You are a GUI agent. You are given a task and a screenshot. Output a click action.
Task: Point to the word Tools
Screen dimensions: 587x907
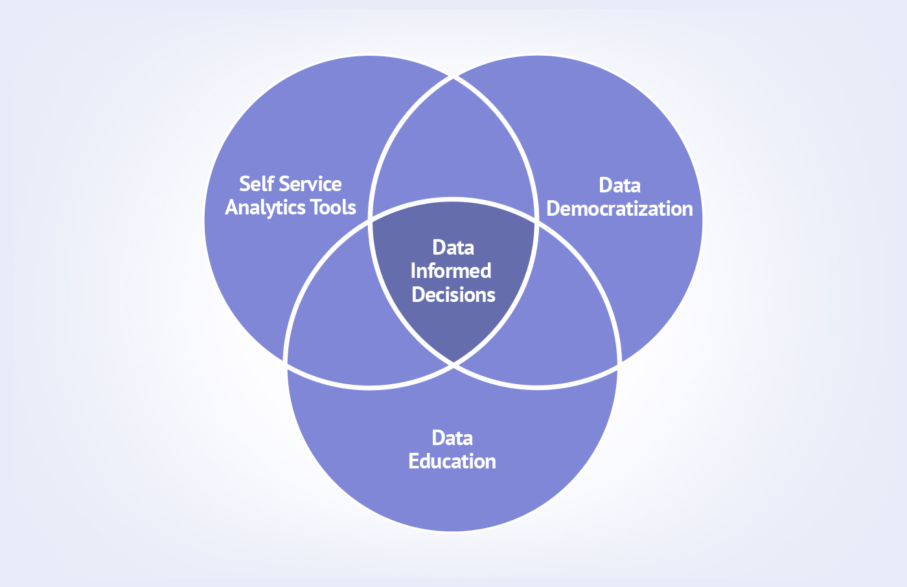click(333, 207)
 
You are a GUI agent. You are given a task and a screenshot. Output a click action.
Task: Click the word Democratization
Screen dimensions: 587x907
click(619, 209)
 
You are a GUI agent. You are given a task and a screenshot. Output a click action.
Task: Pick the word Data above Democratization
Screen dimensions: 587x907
click(619, 185)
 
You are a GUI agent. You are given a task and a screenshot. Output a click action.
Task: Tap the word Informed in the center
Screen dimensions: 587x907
click(451, 271)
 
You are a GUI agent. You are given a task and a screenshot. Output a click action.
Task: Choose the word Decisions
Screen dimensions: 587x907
click(454, 295)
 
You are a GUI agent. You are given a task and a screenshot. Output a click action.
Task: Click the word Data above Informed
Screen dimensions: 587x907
click(454, 247)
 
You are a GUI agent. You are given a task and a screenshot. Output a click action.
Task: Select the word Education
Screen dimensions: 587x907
click(452, 461)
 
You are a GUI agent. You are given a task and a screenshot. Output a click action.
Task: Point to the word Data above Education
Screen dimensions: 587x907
click(452, 438)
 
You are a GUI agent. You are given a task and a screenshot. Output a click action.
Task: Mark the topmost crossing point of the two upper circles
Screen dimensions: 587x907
click(454, 76)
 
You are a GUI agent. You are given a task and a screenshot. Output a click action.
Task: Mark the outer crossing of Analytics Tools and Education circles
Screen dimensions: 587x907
click(286, 363)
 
